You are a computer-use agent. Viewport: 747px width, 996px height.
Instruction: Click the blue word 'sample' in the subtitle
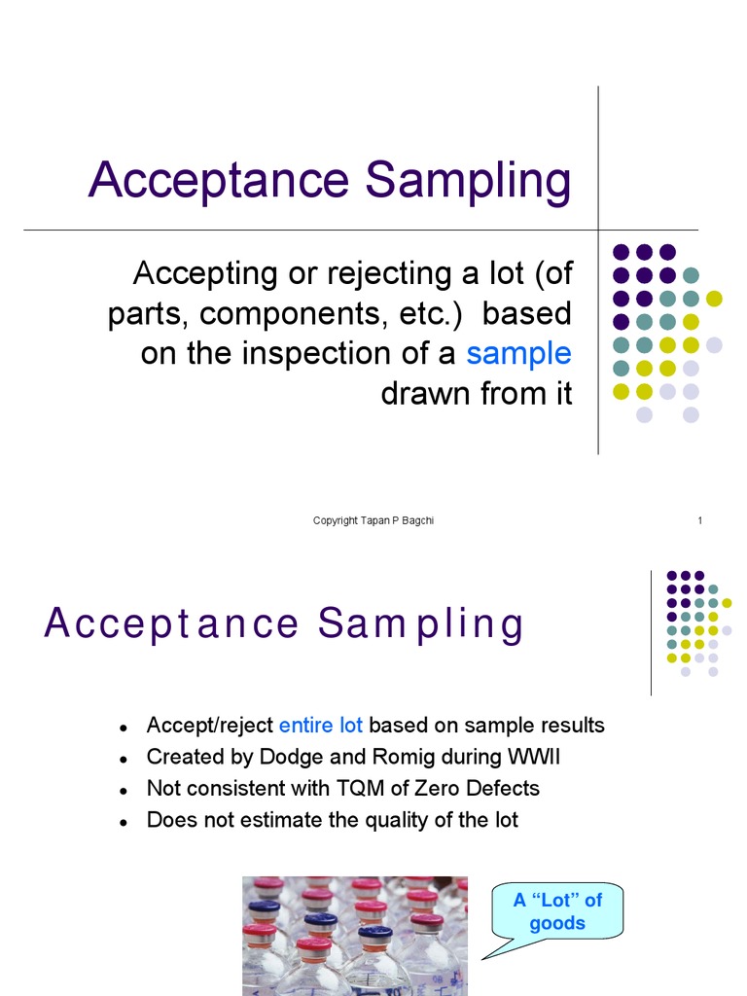[518, 354]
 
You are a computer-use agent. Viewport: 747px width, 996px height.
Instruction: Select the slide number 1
[699, 521]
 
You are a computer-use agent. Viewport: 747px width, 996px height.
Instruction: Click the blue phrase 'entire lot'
[321, 726]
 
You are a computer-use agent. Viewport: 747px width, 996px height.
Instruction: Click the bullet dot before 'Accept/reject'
[124, 728]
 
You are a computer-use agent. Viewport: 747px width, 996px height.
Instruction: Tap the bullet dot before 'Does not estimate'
[124, 822]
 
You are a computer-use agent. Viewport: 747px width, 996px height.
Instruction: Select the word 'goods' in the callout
[557, 923]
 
